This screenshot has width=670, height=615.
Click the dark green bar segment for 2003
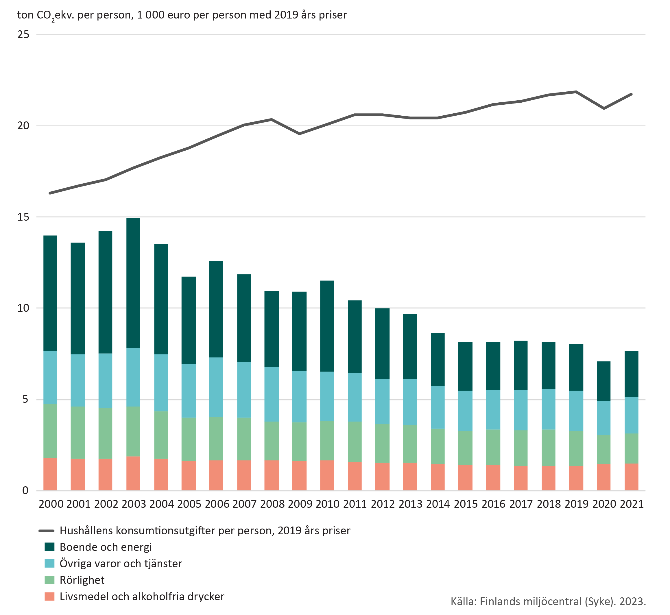click(x=133, y=283)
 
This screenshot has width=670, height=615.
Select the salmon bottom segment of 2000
click(x=50, y=474)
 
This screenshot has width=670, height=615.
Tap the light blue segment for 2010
click(x=327, y=396)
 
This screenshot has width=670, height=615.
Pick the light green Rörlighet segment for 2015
click(x=465, y=448)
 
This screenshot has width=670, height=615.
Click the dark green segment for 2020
click(x=604, y=381)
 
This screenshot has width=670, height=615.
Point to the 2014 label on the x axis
click(x=438, y=504)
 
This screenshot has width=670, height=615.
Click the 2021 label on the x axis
click(x=632, y=504)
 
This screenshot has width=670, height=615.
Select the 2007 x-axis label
click(x=244, y=504)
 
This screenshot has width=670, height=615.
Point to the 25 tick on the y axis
click(x=23, y=35)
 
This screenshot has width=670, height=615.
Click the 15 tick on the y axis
click(x=23, y=217)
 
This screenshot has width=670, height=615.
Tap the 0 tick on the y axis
click(x=25, y=491)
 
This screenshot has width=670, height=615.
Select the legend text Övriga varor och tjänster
click(x=121, y=564)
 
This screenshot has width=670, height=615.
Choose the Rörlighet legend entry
click(x=82, y=580)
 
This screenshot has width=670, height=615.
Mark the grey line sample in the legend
click(x=47, y=531)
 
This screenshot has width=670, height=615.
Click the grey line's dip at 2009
click(x=299, y=134)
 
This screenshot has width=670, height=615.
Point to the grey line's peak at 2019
click(x=576, y=92)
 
